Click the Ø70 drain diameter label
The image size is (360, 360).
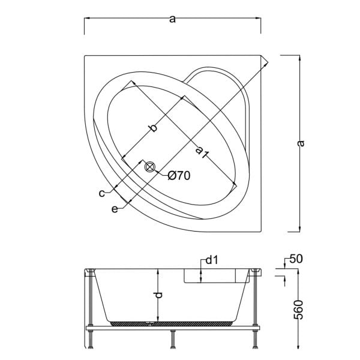pyautogui.click(x=179, y=175)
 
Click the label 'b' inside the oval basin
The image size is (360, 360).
pyautogui.click(x=153, y=128)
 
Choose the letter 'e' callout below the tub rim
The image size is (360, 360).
pyautogui.click(x=114, y=208)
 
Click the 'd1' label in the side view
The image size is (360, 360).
pyautogui.click(x=211, y=260)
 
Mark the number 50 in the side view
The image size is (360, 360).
pyautogui.click(x=295, y=259)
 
